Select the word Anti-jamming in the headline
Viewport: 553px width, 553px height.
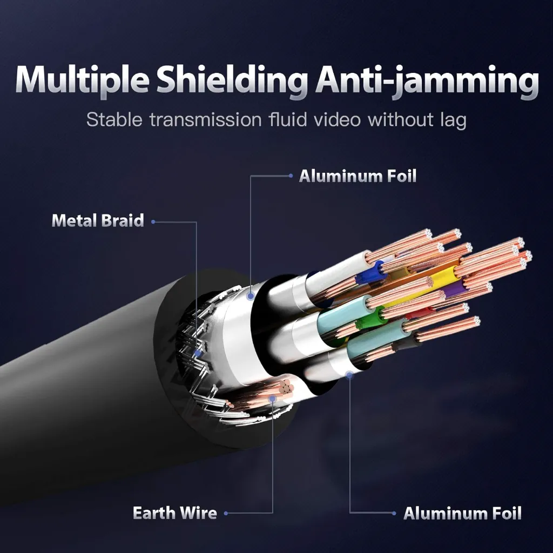[427, 82]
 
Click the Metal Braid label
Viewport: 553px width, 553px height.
[98, 221]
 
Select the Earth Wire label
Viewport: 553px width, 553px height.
[174, 513]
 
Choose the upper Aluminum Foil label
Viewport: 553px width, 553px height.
[358, 176]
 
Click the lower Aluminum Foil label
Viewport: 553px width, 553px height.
[462, 513]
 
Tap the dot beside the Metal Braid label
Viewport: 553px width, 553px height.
[153, 221]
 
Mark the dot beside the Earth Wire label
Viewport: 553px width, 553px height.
[226, 513]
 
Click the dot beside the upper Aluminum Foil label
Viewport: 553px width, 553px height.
[291, 176]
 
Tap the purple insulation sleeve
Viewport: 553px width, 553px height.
[455, 289]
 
